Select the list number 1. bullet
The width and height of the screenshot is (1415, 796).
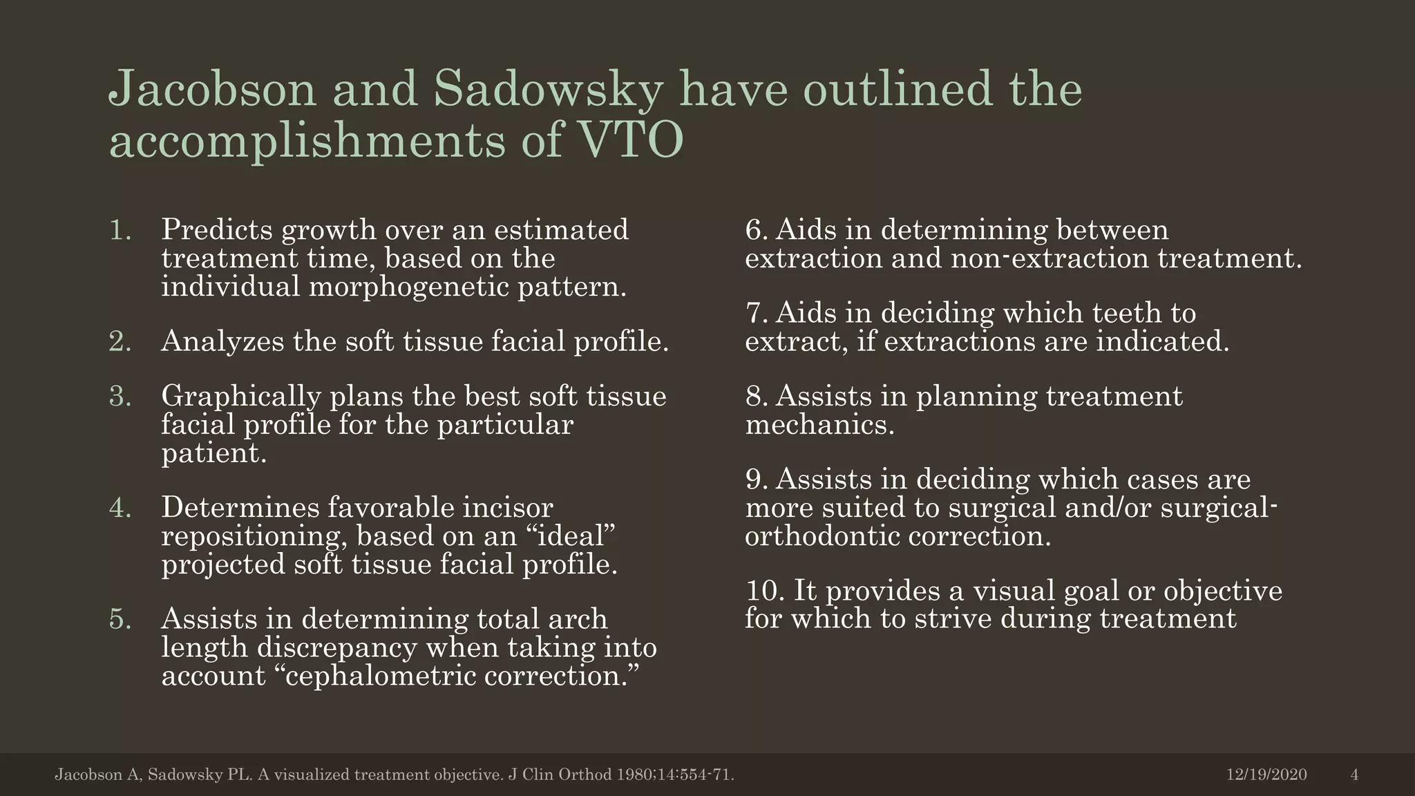(x=120, y=230)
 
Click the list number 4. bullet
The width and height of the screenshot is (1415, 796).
(x=120, y=508)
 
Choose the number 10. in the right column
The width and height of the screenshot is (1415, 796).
(x=764, y=591)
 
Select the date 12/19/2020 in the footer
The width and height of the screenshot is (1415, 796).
(x=1266, y=775)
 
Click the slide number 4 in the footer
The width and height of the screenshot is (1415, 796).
(x=1354, y=775)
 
